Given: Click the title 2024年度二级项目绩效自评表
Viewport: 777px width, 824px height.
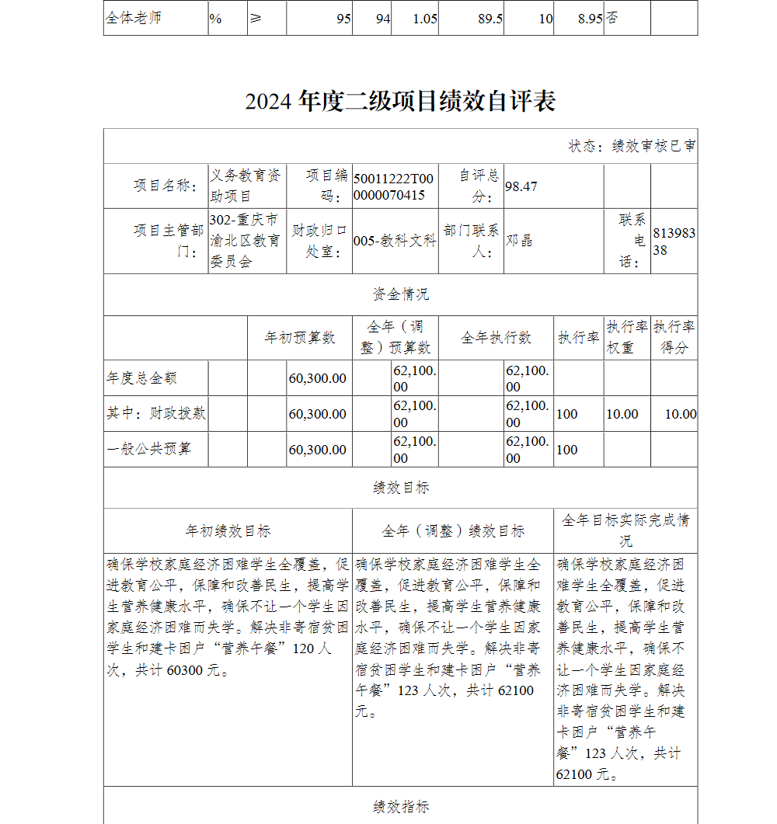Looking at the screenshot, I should click(x=400, y=102).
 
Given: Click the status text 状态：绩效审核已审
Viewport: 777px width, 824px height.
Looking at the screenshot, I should click(x=632, y=146).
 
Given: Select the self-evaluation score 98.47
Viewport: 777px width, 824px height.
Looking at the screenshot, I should click(x=521, y=186).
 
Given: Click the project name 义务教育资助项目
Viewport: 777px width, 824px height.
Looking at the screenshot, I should click(x=246, y=186).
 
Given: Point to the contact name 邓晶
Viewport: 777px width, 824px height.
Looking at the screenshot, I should click(x=519, y=241).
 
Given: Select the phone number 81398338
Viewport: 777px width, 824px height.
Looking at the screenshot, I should click(x=674, y=241).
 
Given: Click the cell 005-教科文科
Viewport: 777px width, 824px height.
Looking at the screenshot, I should click(x=395, y=241).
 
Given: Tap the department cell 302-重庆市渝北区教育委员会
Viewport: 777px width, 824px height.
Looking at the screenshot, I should click(x=244, y=241).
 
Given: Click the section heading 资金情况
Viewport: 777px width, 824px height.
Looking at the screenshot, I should click(x=400, y=294).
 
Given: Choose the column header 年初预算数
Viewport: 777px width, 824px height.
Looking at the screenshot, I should click(x=300, y=337).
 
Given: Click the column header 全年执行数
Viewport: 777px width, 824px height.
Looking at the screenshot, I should click(x=496, y=337).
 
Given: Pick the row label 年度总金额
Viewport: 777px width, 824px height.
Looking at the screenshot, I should click(x=141, y=378).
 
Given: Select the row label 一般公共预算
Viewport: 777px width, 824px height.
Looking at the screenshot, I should click(x=148, y=449).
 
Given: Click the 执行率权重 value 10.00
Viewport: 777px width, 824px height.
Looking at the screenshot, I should click(x=622, y=414).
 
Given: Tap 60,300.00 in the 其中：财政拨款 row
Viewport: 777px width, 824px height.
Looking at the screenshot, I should click(x=318, y=414).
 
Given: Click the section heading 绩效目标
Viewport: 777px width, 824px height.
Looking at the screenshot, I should click(x=400, y=488).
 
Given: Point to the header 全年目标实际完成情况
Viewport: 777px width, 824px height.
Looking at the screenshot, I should click(x=625, y=530).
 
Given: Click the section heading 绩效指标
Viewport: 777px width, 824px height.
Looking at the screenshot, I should click(x=400, y=807).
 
